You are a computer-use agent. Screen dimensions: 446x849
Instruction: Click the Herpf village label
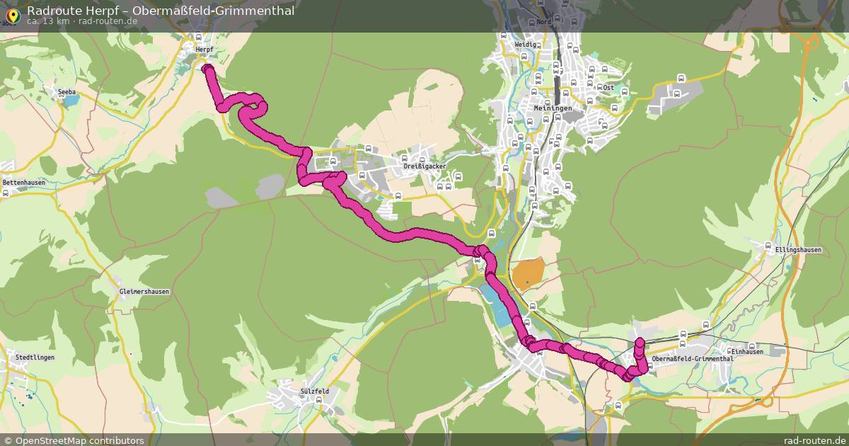click(x=204, y=49)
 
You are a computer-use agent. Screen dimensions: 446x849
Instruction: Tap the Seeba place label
click(x=67, y=92)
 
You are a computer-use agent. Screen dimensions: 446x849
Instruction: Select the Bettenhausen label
click(x=24, y=182)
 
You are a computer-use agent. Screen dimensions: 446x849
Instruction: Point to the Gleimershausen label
click(x=145, y=292)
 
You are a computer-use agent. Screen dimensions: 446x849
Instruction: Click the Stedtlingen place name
click(x=35, y=358)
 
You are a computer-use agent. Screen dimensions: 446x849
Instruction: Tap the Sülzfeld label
click(x=315, y=391)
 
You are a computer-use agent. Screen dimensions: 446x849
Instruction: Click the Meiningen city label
click(x=553, y=107)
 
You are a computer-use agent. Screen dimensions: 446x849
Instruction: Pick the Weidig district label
click(x=526, y=44)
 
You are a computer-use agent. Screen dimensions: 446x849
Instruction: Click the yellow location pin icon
click(x=12, y=12)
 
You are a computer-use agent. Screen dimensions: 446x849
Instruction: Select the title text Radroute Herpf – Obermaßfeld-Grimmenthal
click(x=161, y=10)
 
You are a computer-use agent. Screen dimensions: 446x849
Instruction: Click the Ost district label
click(x=608, y=87)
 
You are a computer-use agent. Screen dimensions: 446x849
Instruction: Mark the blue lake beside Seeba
click(x=71, y=101)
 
